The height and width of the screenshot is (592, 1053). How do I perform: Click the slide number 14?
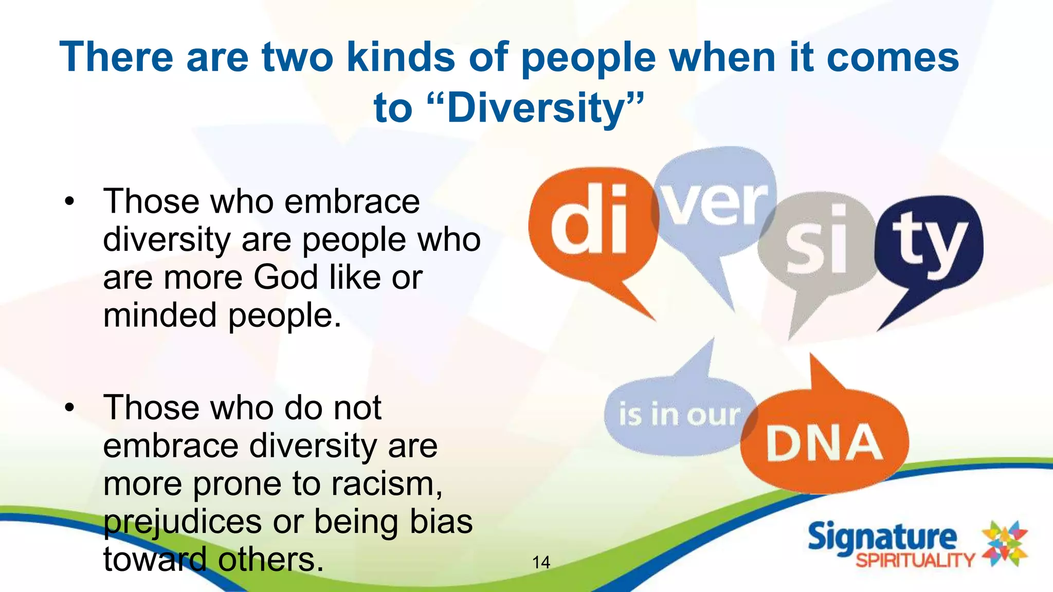coord(541,562)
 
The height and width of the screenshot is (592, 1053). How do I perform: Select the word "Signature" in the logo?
coord(882,537)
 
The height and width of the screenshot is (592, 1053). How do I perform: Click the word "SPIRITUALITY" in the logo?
coord(915,560)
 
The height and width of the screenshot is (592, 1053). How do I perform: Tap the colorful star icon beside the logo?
coord(1005,544)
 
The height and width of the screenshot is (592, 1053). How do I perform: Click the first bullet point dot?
coord(70,201)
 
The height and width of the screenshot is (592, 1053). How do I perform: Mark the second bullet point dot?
coord(70,408)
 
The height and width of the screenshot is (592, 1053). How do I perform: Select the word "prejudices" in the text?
coord(183,522)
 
